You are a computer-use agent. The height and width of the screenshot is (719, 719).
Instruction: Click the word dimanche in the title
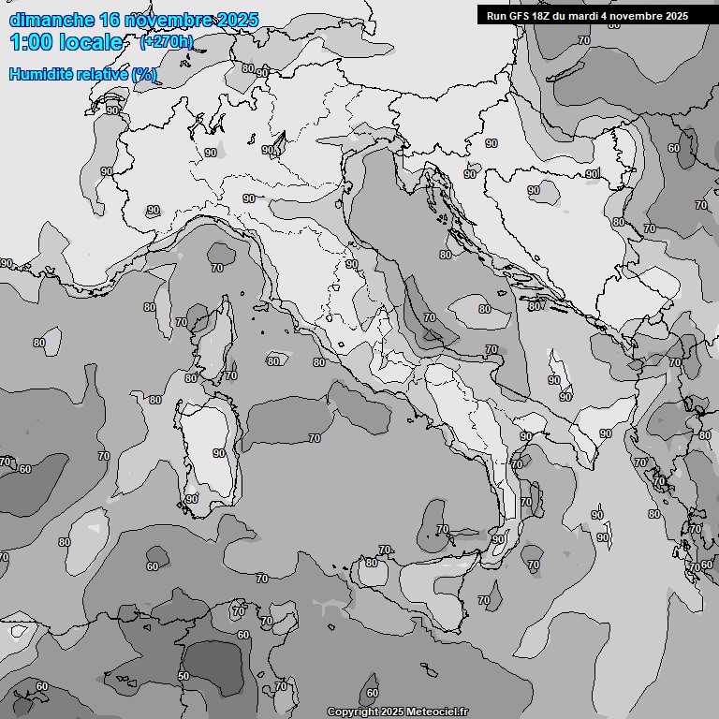[51, 20]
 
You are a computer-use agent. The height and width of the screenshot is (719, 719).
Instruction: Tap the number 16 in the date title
[110, 20]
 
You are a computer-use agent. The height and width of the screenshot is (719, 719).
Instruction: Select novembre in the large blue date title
[168, 20]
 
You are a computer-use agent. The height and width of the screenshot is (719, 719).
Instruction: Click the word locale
[91, 42]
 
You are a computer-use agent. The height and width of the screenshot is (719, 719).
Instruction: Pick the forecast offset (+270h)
[166, 41]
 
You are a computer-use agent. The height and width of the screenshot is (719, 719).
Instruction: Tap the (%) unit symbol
[144, 74]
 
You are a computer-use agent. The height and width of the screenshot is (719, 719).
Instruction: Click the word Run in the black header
[497, 16]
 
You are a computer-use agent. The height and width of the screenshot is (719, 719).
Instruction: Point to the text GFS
[522, 16]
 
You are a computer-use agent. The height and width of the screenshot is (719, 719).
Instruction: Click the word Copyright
[353, 712]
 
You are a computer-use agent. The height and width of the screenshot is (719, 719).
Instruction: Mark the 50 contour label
[183, 676]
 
